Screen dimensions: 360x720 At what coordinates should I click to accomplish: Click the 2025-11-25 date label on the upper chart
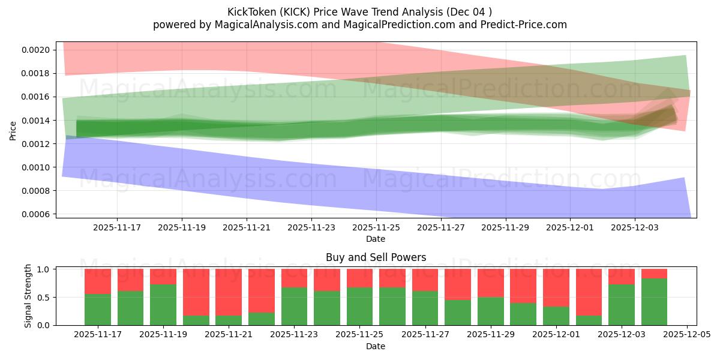[376, 227]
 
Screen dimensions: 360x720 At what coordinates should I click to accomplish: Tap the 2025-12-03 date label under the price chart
[635, 227]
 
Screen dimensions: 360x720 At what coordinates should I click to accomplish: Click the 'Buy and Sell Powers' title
[376, 257]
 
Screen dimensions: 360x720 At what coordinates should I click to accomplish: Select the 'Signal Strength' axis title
[28, 296]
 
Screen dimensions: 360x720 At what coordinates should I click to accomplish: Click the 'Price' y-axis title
[13, 130]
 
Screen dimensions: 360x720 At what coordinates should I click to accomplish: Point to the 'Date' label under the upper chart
[376, 239]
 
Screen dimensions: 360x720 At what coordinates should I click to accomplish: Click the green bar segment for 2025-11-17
[98, 310]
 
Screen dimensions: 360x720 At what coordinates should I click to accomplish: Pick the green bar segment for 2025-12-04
[654, 302]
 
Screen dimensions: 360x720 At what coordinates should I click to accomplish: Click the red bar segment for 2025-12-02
[589, 292]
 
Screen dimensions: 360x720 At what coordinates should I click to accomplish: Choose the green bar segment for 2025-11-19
[163, 305]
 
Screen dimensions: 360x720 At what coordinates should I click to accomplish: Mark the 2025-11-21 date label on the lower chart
[229, 335]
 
